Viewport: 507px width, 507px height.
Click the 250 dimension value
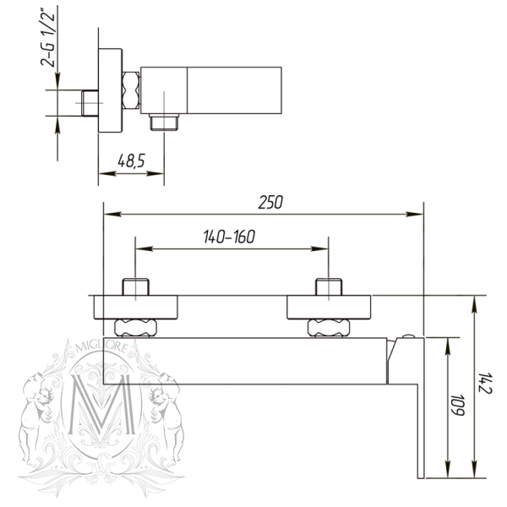coord(271,203)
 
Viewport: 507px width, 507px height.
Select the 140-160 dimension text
coord(229,237)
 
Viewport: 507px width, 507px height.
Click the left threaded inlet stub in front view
coord(135,286)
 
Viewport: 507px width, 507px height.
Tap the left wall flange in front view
coord(136,305)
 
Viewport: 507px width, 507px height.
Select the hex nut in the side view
coord(131,90)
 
